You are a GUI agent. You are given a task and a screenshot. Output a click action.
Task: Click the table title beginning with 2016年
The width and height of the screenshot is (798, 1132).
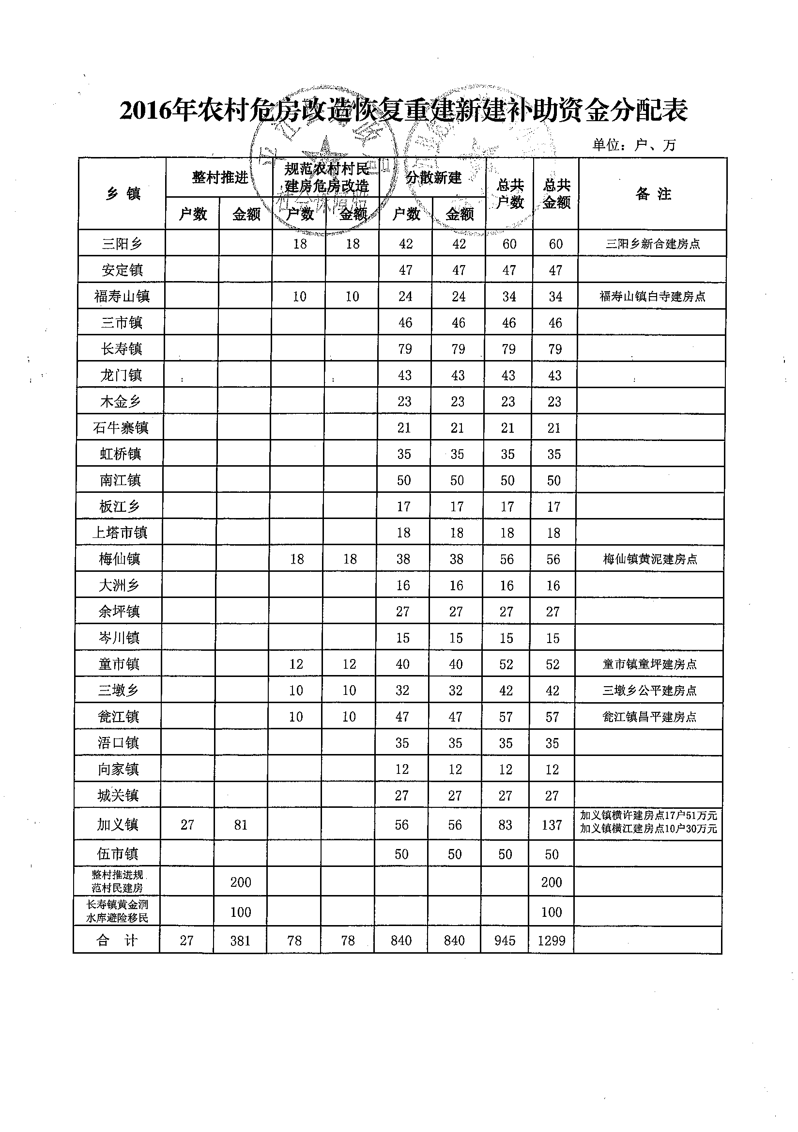tap(403, 110)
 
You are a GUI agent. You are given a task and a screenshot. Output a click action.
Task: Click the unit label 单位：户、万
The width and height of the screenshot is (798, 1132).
tap(634, 145)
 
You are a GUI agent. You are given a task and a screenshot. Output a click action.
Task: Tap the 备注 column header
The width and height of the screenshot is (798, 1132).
tap(653, 194)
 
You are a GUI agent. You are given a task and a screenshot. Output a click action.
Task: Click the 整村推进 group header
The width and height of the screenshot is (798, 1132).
tap(220, 177)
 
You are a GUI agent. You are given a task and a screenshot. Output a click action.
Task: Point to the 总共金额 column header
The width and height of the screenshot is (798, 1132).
tap(557, 194)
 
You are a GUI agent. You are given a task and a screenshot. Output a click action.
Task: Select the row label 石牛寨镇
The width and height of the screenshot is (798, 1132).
tap(121, 427)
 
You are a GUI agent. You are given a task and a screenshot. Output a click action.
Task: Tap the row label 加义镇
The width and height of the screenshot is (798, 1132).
tap(118, 825)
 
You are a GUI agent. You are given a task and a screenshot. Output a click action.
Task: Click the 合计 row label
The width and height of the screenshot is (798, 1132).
tap(117, 940)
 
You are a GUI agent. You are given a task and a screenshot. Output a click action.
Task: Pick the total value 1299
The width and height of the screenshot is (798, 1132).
tap(551, 941)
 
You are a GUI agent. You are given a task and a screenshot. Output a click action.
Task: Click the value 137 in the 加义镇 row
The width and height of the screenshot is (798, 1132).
tap(552, 825)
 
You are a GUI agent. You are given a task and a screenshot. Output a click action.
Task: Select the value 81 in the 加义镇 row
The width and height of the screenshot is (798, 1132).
tap(240, 825)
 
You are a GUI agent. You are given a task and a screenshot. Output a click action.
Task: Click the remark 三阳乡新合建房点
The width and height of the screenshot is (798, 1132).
tap(653, 244)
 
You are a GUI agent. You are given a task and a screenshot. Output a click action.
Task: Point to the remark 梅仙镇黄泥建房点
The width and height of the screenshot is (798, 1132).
tap(650, 559)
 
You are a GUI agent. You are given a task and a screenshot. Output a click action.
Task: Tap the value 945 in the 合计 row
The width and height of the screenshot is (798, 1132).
tap(505, 941)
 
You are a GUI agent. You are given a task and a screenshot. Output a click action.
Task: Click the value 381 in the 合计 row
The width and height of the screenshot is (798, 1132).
tap(240, 941)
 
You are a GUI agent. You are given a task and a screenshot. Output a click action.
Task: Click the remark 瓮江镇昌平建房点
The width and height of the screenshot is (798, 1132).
tap(649, 717)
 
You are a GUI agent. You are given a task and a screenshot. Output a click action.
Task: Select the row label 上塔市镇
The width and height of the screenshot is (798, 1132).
tap(120, 533)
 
